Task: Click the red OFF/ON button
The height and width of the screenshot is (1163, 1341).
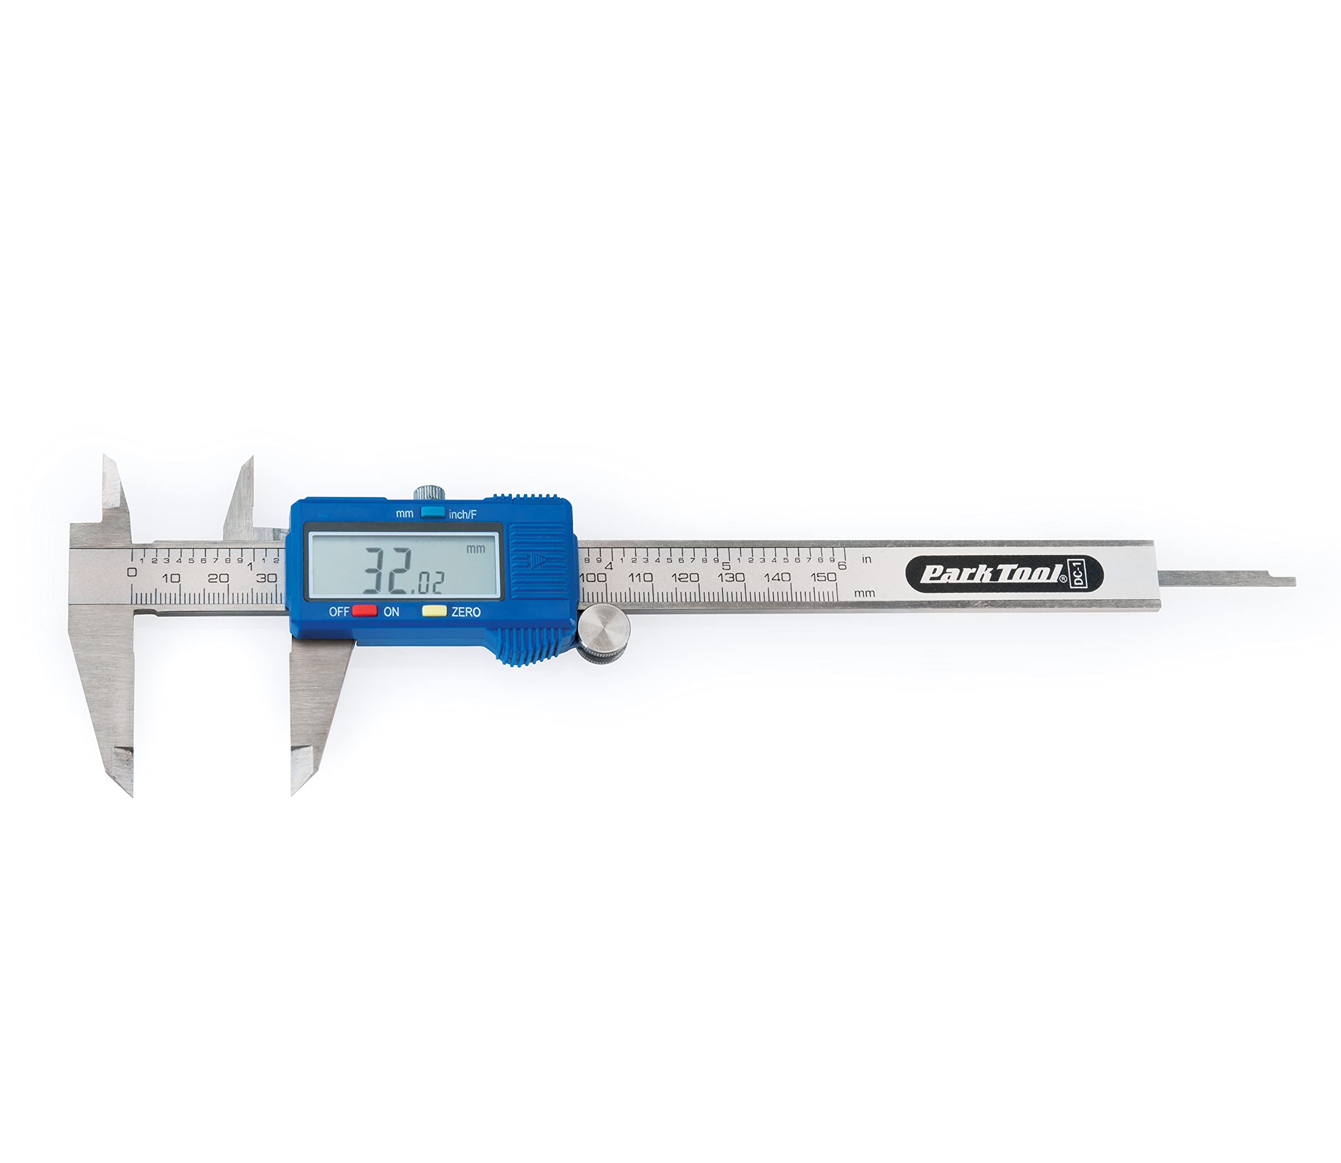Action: pyautogui.click(x=364, y=610)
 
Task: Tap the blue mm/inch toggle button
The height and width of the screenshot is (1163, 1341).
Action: pyautogui.click(x=432, y=513)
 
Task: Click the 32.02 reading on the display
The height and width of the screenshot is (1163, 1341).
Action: pyautogui.click(x=402, y=571)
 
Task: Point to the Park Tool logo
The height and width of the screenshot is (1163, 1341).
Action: pyautogui.click(x=993, y=574)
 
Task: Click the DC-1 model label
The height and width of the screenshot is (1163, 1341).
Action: pyautogui.click(x=1078, y=574)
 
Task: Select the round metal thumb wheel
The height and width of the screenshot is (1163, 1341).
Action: pyautogui.click(x=603, y=633)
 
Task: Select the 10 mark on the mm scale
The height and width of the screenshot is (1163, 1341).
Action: pyautogui.click(x=171, y=578)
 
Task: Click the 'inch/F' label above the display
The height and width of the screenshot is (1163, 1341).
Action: pyautogui.click(x=463, y=514)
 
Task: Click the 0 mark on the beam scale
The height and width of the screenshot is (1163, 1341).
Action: pyautogui.click(x=131, y=572)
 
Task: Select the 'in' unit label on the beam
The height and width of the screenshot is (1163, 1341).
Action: pyautogui.click(x=867, y=559)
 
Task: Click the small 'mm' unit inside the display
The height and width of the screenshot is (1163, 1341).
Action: pyautogui.click(x=476, y=548)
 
